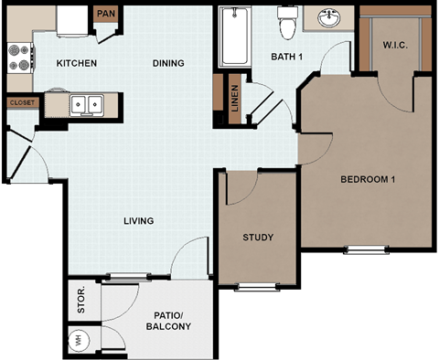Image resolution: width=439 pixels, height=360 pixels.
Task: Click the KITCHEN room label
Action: (78, 63)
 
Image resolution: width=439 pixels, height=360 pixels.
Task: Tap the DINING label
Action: (167, 63)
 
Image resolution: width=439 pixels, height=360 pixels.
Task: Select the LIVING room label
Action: (139, 220)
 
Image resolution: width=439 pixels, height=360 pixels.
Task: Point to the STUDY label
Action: (258, 238)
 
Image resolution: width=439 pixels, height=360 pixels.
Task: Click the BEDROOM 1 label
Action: (366, 179)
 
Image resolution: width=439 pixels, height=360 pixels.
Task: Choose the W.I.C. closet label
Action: (395, 44)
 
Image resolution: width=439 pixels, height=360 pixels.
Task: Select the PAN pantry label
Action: (106, 14)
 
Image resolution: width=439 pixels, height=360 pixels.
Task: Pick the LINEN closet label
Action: (235, 99)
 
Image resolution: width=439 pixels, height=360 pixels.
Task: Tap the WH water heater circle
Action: (79, 341)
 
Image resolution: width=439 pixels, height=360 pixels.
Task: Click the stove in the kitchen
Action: (19, 58)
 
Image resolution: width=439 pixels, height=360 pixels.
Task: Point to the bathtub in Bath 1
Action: (240, 37)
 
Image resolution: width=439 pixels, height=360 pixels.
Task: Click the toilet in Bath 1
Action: (287, 24)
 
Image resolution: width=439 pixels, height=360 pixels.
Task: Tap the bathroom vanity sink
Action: (329, 17)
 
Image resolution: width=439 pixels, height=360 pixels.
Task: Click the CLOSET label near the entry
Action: (22, 103)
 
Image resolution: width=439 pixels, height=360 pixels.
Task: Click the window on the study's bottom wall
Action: (258, 287)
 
